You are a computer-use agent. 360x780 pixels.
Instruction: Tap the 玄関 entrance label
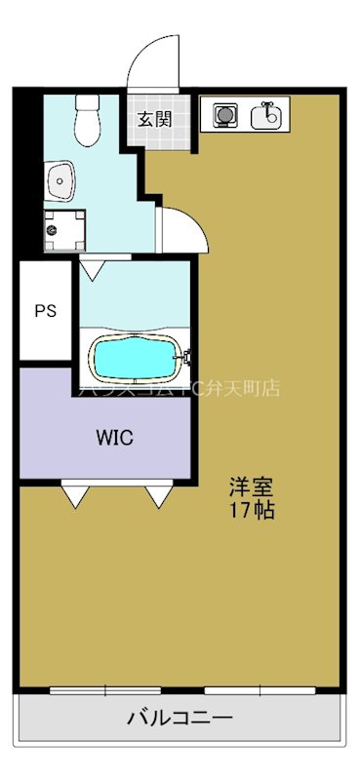click(x=154, y=120)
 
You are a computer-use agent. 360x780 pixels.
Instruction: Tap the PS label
click(x=46, y=312)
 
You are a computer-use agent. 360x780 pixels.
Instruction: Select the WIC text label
click(x=114, y=436)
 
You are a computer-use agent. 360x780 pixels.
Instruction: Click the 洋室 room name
click(x=251, y=484)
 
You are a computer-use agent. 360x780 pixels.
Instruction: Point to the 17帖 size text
click(x=251, y=510)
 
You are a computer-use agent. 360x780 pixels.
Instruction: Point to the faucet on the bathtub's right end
click(x=181, y=359)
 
